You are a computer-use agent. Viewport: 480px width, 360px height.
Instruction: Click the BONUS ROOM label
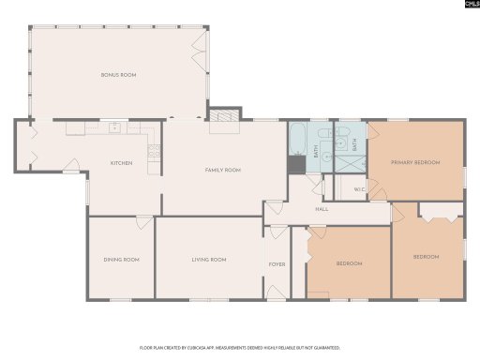(119, 74)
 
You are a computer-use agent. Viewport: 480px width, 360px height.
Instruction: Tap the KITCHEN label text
(122, 163)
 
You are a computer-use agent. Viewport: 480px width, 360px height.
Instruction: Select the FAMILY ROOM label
(223, 170)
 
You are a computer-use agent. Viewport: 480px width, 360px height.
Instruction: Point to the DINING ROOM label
(121, 260)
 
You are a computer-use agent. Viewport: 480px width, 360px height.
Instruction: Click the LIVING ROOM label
(209, 260)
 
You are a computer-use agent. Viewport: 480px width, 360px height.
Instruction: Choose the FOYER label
(277, 264)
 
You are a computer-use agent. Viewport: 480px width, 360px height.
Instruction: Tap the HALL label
(322, 209)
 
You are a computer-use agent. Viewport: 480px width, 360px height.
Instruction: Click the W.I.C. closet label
(359, 190)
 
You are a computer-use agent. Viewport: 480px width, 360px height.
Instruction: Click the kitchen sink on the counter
(113, 128)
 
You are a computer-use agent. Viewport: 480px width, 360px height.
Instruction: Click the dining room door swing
(144, 222)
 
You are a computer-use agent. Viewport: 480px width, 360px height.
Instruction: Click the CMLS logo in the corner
(467, 5)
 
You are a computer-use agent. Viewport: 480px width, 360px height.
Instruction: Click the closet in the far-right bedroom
(438, 214)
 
